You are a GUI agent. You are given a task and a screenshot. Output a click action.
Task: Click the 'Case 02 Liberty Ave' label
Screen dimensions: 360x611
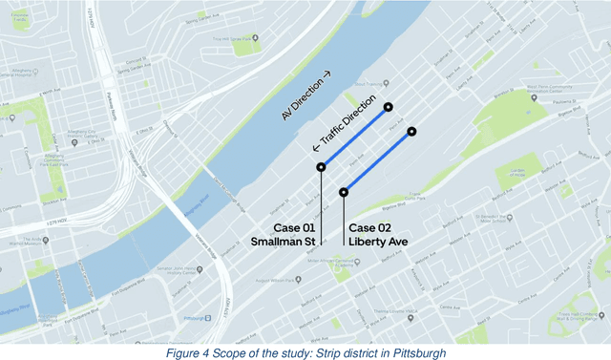point(378,235)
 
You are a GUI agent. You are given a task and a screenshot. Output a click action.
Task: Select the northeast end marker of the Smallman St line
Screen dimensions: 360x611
point(390,107)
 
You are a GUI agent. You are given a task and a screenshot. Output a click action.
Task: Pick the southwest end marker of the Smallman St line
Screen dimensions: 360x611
point(321,167)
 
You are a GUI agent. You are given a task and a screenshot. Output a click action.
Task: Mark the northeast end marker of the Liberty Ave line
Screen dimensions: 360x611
point(411,131)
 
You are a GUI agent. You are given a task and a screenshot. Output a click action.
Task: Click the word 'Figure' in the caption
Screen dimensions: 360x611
point(181,354)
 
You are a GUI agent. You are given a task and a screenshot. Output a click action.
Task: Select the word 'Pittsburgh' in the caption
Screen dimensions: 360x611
point(417,354)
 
